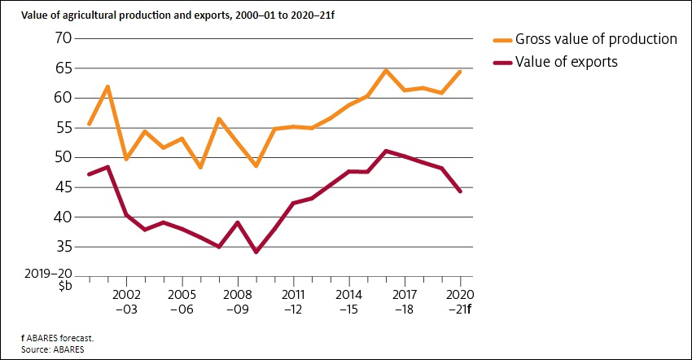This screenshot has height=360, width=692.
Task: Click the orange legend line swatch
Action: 505,39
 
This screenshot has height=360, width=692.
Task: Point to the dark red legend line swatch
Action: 505,61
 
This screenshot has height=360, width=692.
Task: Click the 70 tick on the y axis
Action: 64,38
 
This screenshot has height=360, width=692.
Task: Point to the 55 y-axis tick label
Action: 64,128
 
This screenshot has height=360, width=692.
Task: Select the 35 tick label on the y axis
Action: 64,247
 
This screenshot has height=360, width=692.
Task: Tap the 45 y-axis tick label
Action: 64,187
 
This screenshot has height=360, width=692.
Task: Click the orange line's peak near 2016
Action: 386,70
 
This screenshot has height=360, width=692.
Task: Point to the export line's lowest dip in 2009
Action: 256,252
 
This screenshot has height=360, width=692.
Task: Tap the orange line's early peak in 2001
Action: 107,86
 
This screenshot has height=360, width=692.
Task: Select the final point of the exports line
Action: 460,191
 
